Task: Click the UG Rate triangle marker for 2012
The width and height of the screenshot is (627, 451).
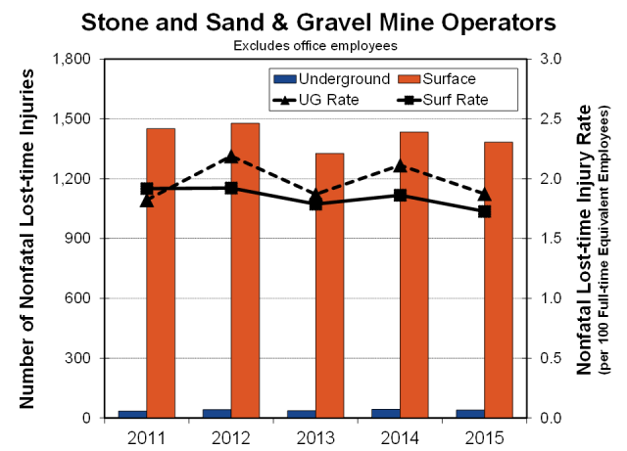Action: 231,157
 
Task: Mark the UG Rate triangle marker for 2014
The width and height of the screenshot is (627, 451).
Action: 400,166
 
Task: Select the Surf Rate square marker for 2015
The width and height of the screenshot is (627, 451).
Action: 484,211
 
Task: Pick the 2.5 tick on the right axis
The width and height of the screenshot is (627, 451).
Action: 551,119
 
